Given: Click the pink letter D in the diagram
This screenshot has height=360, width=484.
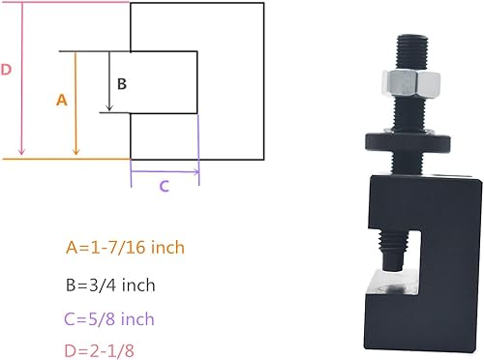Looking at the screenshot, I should point(7,70).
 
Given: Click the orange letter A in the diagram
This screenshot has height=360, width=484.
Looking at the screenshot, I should point(62,100).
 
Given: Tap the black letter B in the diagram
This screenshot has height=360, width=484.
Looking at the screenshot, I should point(122,83).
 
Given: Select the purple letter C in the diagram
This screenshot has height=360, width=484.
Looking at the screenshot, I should point(164,187).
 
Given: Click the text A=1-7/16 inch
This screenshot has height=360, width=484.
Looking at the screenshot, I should point(125,248).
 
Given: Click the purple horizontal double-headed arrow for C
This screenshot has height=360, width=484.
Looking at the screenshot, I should point(165,171).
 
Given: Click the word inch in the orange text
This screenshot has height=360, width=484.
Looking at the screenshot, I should point(164,248).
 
